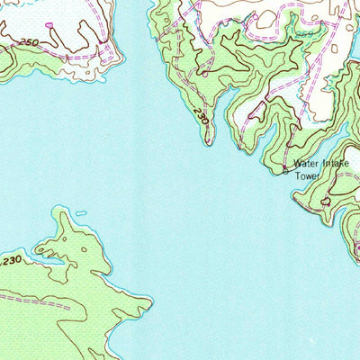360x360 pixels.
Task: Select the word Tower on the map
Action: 309,176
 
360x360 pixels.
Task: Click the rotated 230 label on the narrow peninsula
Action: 200,117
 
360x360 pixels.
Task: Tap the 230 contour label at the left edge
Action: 10,261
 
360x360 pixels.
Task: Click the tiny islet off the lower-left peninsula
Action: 81,213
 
